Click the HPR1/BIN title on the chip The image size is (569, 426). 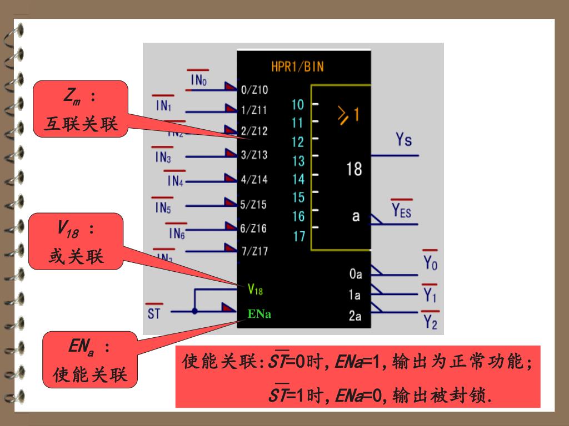click(297, 67)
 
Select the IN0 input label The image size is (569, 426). click(198, 80)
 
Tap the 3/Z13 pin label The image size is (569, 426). click(254, 155)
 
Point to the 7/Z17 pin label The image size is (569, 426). click(254, 251)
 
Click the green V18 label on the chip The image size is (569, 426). click(255, 289)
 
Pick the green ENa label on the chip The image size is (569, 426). click(259, 314)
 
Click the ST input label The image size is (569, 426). click(154, 313)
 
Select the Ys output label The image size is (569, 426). click(404, 140)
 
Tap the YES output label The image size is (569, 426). click(401, 210)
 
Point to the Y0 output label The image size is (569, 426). click(431, 263)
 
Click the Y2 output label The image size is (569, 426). click(431, 321)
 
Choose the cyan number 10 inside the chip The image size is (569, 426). click(298, 104)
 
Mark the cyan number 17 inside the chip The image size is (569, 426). click(298, 236)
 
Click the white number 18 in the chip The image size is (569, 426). click(354, 169)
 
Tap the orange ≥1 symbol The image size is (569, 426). click(348, 115)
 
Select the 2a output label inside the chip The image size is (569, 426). click(355, 316)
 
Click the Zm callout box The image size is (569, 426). click(81, 109)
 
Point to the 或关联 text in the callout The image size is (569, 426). click(76, 257)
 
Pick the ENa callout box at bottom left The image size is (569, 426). click(89, 359)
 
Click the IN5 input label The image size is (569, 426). click(163, 208)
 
